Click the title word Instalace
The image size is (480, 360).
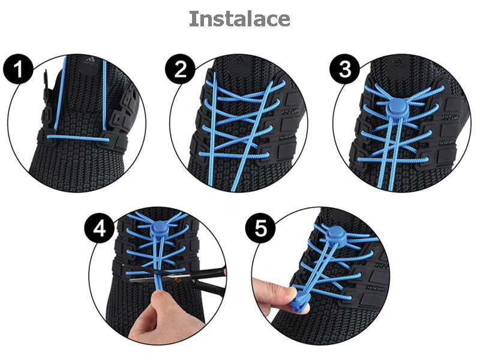(x=240, y=19)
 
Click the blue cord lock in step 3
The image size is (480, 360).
(x=396, y=107)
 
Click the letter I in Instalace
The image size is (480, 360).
(x=193, y=19)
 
